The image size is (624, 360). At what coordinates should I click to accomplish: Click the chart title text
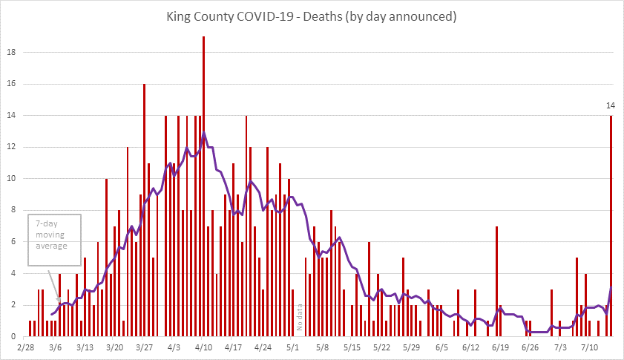(x=312, y=16)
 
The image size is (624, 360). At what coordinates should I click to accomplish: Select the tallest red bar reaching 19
(x=204, y=186)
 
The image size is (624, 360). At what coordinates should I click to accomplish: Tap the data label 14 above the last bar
(x=611, y=105)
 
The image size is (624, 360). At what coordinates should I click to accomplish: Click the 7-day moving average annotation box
(x=53, y=240)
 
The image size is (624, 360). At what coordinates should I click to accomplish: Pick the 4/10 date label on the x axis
(x=204, y=347)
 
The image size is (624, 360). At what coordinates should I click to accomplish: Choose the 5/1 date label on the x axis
(x=292, y=347)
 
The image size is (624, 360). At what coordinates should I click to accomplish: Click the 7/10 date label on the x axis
(x=590, y=347)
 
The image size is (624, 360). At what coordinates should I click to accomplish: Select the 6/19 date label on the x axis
(x=500, y=347)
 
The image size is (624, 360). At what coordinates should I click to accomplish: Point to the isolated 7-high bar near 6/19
(x=496, y=281)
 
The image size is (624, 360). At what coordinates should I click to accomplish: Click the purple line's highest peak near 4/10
(x=204, y=133)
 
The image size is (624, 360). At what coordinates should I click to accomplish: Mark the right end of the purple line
(x=611, y=288)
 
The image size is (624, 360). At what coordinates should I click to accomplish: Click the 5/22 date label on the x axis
(x=381, y=347)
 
